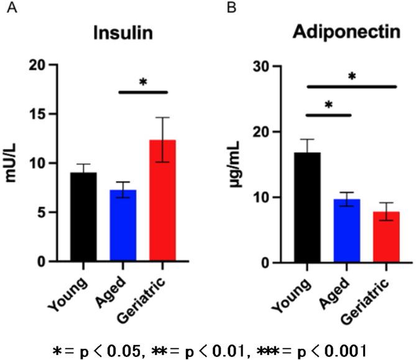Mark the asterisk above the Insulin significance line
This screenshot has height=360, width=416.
pyautogui.click(x=143, y=82)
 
